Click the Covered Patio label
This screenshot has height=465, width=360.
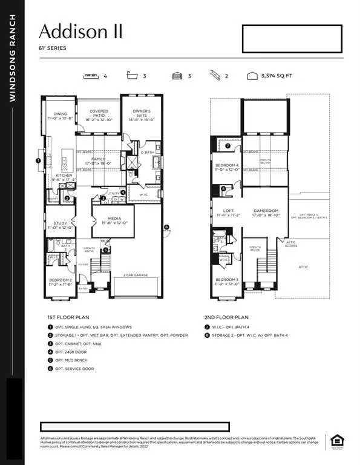point(99,115)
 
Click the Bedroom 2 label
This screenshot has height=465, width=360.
point(59,282)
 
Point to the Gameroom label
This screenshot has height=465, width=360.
point(266,212)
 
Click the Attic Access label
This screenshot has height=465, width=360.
point(292,243)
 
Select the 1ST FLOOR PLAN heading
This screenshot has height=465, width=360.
point(68,317)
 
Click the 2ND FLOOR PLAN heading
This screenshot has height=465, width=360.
point(226,317)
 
